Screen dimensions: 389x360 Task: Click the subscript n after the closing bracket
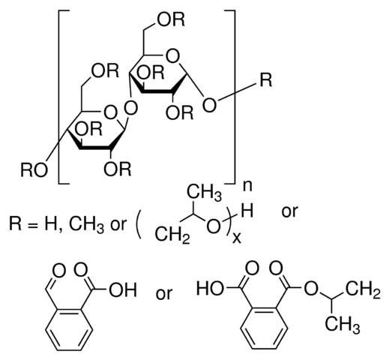(x=247, y=187)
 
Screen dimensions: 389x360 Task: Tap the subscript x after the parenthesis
(x=237, y=238)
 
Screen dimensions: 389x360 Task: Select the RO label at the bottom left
(x=34, y=170)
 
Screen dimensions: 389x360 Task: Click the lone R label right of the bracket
(x=266, y=80)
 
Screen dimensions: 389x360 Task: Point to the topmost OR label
(x=171, y=19)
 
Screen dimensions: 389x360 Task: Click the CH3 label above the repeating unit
(x=204, y=194)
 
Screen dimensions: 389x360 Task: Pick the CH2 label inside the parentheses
(x=172, y=235)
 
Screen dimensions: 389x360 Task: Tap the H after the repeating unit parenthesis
(x=248, y=211)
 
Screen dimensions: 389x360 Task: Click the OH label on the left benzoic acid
(x=123, y=290)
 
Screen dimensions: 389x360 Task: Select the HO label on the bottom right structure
(x=210, y=289)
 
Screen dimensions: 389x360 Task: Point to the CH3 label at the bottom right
(x=343, y=326)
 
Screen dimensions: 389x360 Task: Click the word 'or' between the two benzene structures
(x=164, y=293)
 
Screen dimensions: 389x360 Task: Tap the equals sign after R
(x=32, y=224)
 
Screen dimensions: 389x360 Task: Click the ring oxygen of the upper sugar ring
(x=172, y=56)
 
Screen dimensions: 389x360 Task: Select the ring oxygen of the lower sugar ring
(x=110, y=112)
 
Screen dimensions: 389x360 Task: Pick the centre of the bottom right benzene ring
(x=264, y=328)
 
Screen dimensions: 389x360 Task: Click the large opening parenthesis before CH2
(x=138, y=223)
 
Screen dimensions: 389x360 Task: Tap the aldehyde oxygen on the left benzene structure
(x=59, y=271)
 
